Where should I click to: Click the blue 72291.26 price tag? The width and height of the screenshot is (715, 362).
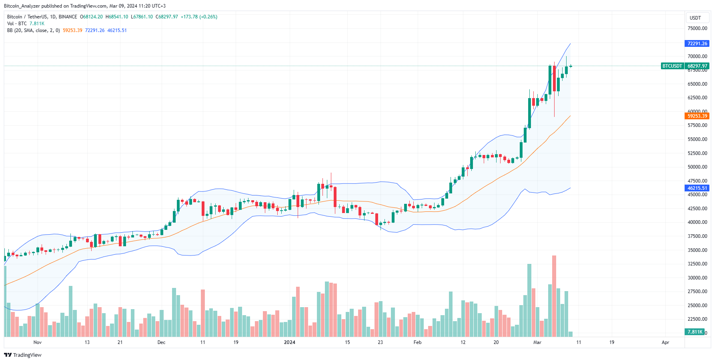(697, 44)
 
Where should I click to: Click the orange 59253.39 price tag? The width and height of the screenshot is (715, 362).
(697, 116)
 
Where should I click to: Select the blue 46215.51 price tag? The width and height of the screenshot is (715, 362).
(697, 188)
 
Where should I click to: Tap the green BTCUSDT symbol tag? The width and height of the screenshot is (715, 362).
(672, 66)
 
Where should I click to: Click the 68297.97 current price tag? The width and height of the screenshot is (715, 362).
(697, 66)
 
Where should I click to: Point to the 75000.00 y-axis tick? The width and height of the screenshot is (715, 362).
(697, 28)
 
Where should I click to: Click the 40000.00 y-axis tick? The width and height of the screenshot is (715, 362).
(697, 222)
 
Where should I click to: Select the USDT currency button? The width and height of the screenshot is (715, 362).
(695, 18)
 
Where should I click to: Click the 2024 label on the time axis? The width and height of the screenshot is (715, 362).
(289, 342)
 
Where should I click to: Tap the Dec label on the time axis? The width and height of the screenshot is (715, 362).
(161, 342)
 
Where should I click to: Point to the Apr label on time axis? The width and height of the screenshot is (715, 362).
(665, 342)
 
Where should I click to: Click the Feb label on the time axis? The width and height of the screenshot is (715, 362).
(417, 342)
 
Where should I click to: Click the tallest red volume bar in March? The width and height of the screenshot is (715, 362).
(554, 296)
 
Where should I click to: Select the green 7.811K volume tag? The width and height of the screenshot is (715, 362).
(695, 332)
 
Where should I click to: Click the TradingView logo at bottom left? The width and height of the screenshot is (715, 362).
(23, 355)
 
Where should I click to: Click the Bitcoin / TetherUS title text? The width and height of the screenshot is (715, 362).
(26, 17)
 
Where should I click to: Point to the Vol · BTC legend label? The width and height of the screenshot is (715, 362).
(17, 24)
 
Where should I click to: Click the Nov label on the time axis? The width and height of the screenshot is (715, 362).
(38, 342)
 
